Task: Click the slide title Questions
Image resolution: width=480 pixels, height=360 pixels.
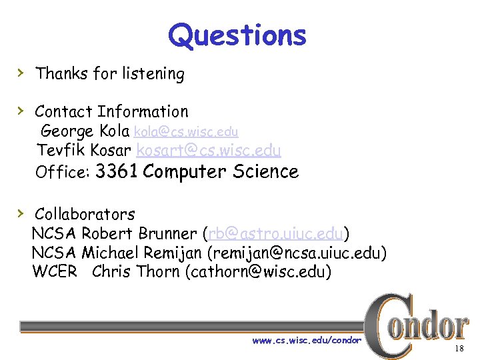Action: coord(237,35)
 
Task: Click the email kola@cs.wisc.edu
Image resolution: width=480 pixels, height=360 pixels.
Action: coord(186,132)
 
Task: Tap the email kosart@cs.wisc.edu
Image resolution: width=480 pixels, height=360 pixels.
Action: coord(209,151)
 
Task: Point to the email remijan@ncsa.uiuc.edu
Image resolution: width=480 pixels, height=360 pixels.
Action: coord(297,253)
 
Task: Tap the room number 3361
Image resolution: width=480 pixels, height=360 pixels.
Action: coord(117,172)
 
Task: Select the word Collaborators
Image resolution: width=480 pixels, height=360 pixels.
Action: coord(85,215)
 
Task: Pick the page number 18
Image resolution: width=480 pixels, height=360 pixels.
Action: coord(459,349)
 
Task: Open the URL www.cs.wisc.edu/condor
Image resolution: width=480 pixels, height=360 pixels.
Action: coord(307,341)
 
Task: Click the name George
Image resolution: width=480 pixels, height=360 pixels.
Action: coord(68,131)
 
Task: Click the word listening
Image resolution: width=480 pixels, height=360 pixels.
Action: coord(153,73)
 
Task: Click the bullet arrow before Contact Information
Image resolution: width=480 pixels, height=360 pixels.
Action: coord(21,110)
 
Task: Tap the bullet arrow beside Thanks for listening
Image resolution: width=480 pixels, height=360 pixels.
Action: coord(21,72)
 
